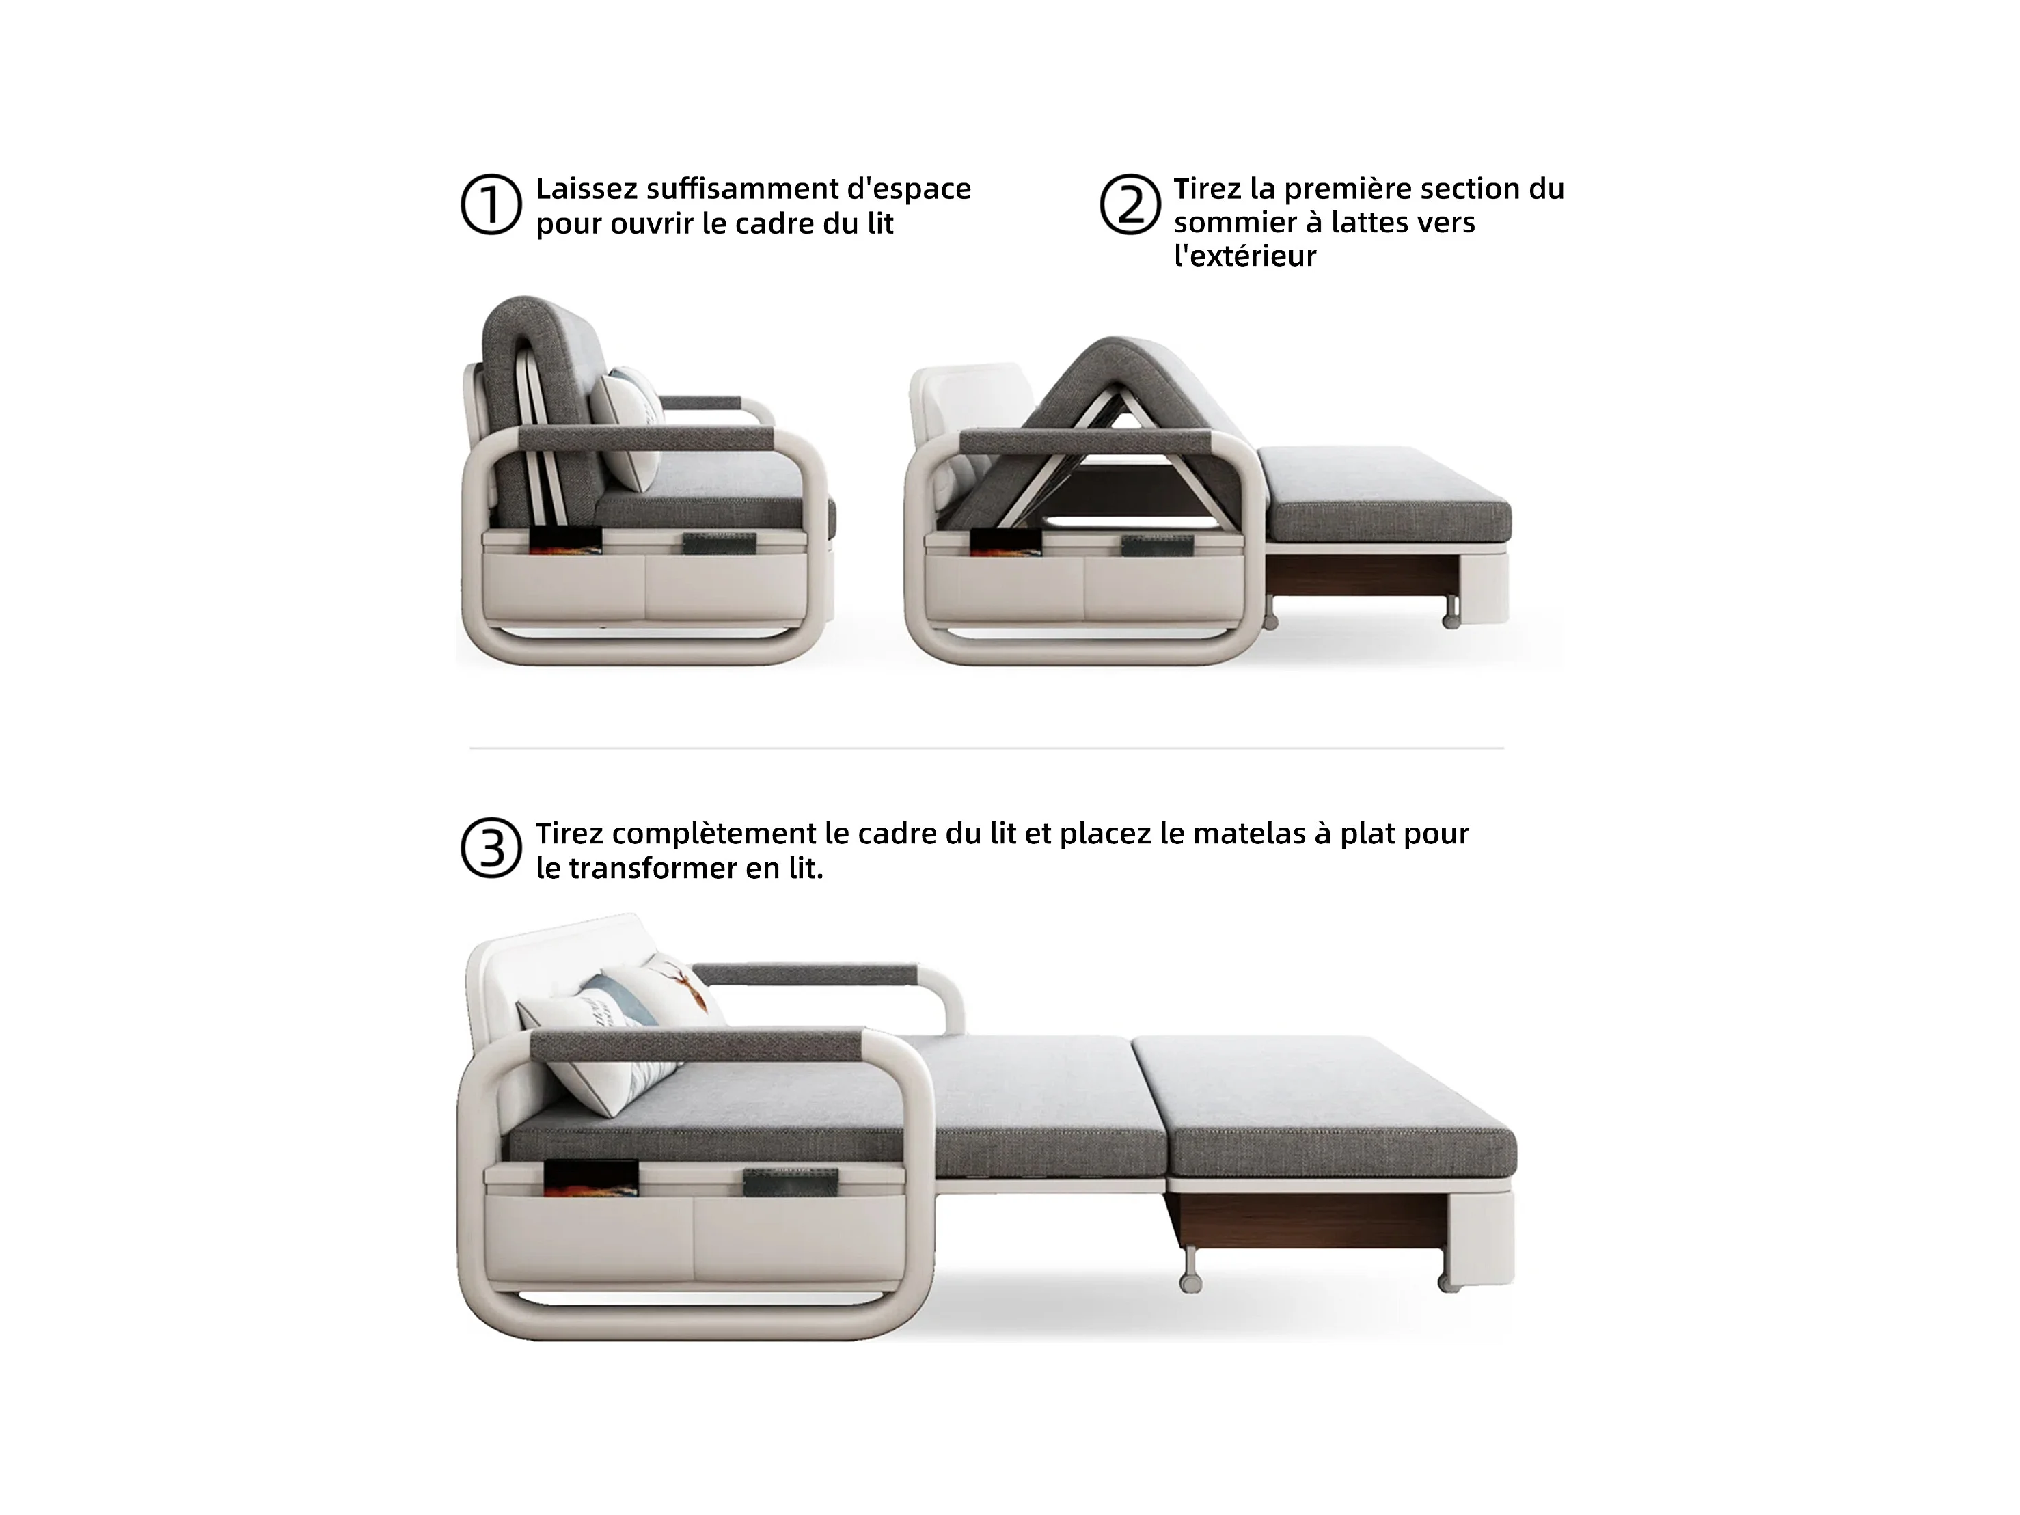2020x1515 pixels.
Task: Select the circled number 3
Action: pyautogui.click(x=491, y=848)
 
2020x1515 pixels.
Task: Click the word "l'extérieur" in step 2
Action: pyautogui.click(x=1246, y=256)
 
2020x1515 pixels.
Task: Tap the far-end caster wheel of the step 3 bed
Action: pyautogui.click(x=1448, y=1282)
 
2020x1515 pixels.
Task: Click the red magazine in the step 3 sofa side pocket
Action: pyautogui.click(x=591, y=1175)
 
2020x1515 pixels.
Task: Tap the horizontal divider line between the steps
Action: pyautogui.click(x=986, y=748)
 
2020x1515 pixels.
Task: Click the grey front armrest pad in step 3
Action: pyautogui.click(x=696, y=1046)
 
